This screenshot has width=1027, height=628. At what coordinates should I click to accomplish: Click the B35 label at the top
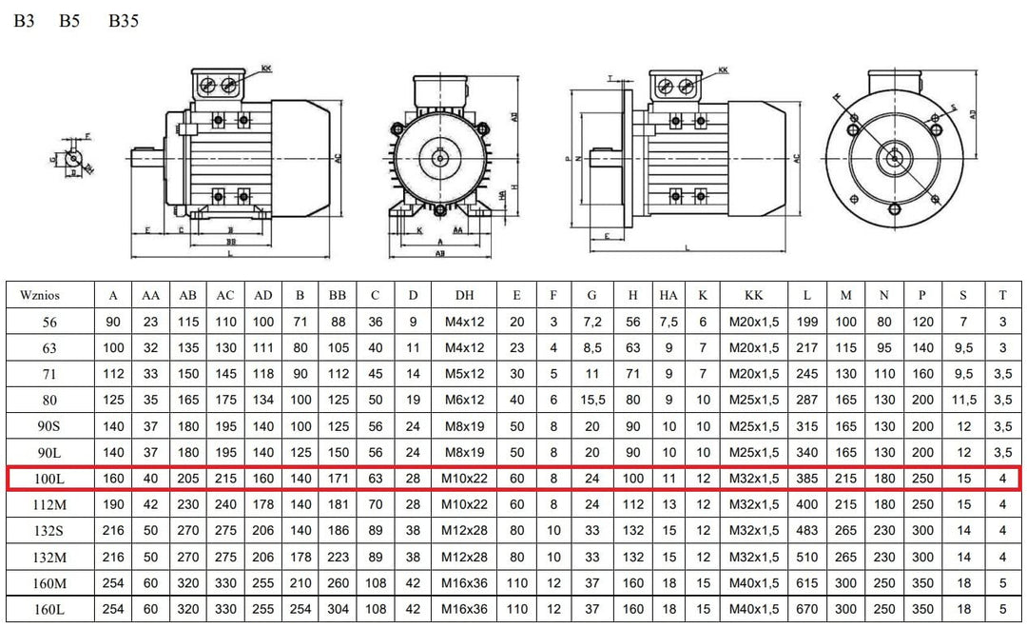(x=123, y=21)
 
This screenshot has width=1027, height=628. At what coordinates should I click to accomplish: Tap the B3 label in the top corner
(x=24, y=21)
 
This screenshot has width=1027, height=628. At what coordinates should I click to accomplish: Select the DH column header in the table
(x=465, y=296)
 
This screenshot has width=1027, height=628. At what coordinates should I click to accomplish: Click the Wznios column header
(x=39, y=296)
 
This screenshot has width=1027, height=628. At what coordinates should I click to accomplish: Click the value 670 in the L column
(x=807, y=609)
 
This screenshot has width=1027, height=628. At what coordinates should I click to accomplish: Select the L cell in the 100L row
(x=807, y=479)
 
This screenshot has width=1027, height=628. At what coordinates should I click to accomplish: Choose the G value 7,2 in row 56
(x=591, y=323)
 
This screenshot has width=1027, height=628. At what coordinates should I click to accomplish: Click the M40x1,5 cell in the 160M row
(x=754, y=583)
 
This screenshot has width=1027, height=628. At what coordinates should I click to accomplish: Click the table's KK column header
(x=754, y=296)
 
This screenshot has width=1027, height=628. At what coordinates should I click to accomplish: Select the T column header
(x=1002, y=296)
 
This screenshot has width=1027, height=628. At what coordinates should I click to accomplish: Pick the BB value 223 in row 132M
(x=338, y=557)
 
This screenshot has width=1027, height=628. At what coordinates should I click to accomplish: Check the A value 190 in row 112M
(x=113, y=504)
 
